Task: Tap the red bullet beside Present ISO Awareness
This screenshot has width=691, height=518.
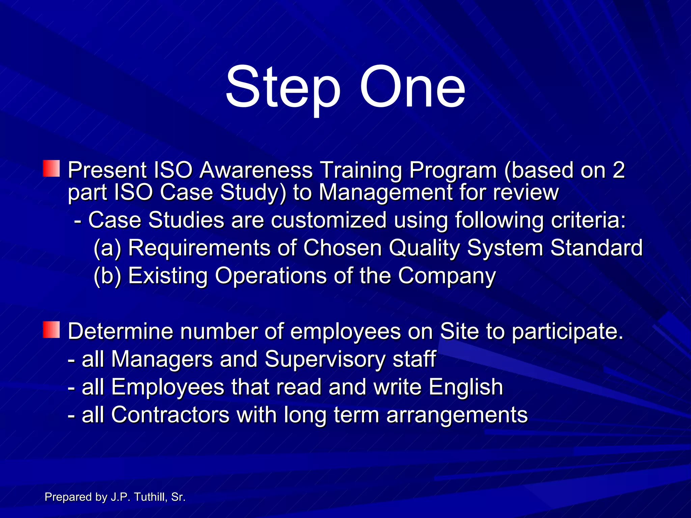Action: (x=51, y=169)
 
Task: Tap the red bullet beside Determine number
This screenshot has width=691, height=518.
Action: (x=51, y=329)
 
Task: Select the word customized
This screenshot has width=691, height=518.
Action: (x=329, y=220)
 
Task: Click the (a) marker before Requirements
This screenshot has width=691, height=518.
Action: (x=107, y=248)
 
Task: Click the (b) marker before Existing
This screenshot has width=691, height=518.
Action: (x=107, y=276)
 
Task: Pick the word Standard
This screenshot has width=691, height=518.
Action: (x=596, y=248)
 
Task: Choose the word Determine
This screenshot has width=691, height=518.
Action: (x=120, y=331)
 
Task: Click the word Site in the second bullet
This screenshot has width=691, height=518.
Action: (x=459, y=331)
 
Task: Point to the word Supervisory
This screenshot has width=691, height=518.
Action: (x=325, y=359)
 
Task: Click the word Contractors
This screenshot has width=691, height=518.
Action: (x=170, y=415)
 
